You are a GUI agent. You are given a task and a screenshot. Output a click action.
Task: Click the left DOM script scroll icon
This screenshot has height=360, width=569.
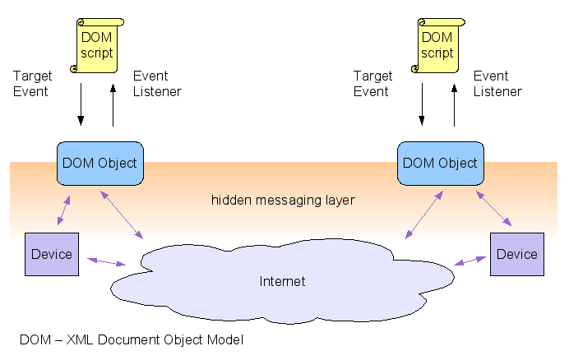point(96,45)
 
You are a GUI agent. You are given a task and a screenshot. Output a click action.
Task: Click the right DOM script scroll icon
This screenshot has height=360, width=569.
point(437,45)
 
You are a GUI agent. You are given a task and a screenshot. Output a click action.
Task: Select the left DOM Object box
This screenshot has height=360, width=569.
point(99,163)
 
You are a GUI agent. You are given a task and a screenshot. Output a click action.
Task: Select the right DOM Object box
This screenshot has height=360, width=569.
point(440,163)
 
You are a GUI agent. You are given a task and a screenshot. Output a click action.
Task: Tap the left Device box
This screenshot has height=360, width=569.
point(52,254)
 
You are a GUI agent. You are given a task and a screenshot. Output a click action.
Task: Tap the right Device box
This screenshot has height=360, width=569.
point(516,254)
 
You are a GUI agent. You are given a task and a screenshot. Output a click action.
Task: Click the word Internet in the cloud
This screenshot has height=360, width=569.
point(282,281)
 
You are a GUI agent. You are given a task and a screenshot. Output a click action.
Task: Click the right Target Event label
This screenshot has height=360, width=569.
point(373,83)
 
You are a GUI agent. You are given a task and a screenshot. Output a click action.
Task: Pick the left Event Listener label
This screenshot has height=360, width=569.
point(157,83)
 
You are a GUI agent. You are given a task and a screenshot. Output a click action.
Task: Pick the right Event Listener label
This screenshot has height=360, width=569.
point(497,83)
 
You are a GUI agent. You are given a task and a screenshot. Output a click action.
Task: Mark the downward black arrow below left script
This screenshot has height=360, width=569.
point(81,104)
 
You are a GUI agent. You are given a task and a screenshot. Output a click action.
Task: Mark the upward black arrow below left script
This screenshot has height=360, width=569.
point(113,104)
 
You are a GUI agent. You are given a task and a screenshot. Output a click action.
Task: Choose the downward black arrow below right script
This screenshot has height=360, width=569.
point(421,104)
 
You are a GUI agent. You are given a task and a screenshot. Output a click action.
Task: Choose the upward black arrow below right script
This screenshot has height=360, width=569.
point(454,104)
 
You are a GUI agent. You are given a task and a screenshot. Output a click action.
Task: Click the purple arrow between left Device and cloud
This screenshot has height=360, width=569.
point(108,261)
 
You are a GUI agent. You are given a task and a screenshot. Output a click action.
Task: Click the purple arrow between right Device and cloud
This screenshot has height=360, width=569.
point(470,261)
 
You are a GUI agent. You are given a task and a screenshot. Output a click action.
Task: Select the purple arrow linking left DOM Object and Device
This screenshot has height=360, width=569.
point(63,209)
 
